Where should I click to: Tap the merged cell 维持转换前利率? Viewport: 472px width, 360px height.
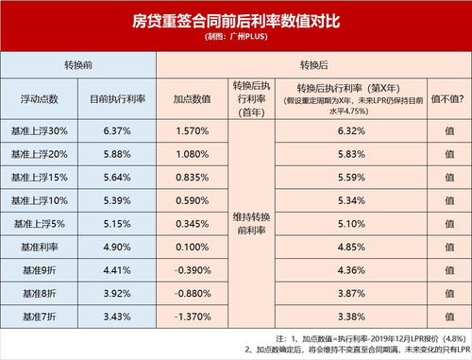(251, 223)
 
